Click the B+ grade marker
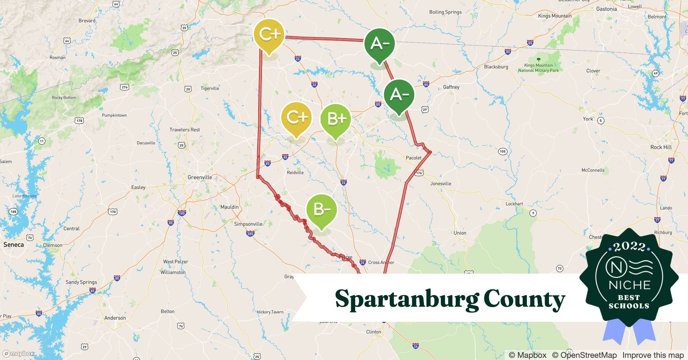(336, 119)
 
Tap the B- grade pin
(321, 210)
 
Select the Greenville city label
(200, 177)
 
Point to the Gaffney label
(451, 87)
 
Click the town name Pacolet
(414, 158)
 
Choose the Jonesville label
(441, 184)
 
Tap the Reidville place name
(295, 173)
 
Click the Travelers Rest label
(184, 130)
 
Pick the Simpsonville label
(248, 224)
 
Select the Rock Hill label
(661, 147)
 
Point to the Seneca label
(14, 245)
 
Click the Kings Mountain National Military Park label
(538, 68)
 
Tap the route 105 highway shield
(502, 152)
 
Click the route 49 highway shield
(656, 73)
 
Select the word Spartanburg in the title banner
(407, 299)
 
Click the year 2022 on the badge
(629, 247)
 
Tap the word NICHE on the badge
(629, 285)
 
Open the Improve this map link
(653, 355)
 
